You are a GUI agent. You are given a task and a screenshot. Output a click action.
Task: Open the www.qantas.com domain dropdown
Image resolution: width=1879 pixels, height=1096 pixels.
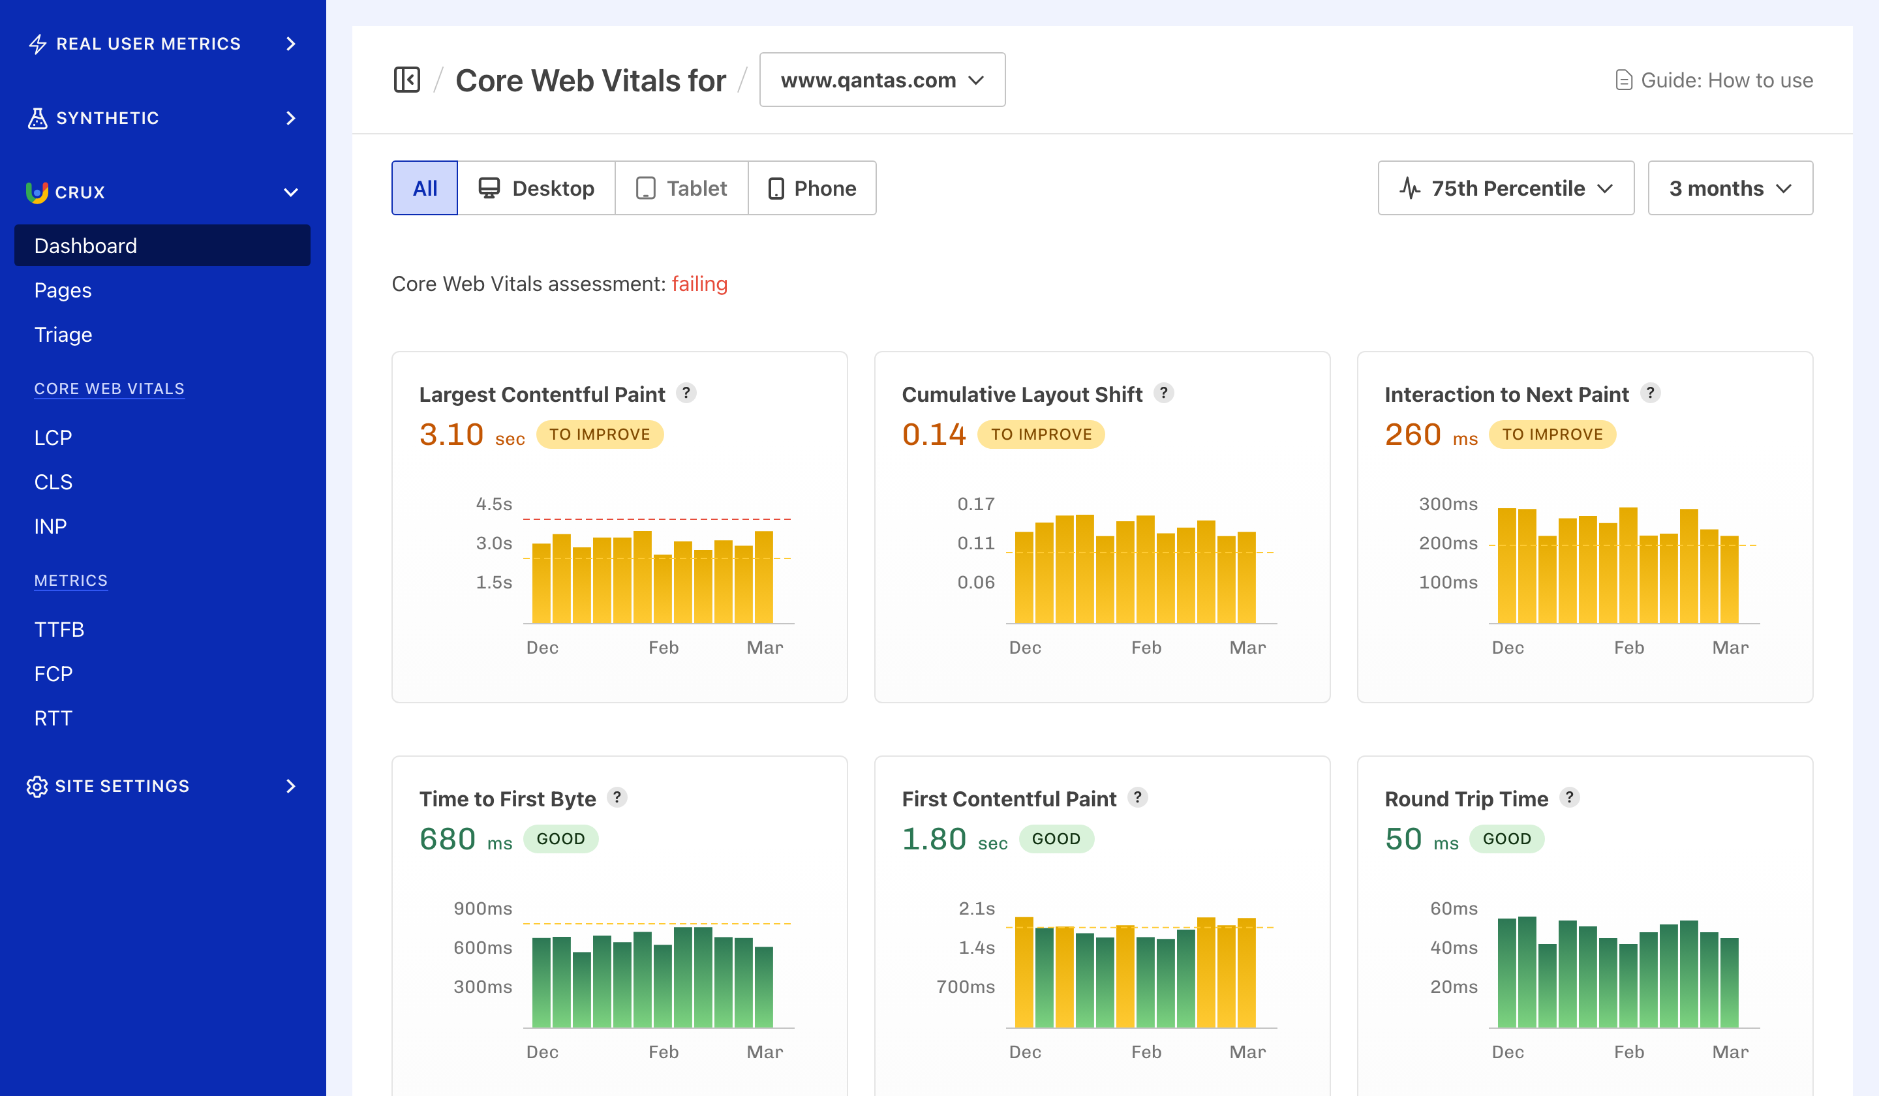coord(881,80)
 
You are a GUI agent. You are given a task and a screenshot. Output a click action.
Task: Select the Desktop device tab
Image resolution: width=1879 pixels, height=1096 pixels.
coord(536,188)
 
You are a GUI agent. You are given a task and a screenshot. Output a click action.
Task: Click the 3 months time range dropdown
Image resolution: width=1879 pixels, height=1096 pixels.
coord(1729,188)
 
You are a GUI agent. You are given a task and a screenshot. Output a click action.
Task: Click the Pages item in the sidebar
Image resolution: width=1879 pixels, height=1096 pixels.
coord(63,290)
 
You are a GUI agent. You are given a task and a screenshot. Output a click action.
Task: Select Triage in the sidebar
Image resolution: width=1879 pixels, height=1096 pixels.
coord(63,335)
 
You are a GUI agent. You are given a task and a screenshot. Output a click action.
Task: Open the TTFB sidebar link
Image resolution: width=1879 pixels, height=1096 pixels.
coord(59,630)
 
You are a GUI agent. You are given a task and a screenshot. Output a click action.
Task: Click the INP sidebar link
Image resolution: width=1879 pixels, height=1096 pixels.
coord(50,526)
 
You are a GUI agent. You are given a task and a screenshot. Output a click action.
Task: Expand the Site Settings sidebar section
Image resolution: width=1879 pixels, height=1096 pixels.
coord(162,786)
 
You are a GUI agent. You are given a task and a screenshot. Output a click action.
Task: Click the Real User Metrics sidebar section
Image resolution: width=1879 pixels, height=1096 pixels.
coord(162,43)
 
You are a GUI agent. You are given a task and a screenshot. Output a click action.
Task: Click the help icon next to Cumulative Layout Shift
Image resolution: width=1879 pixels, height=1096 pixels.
coord(1163,393)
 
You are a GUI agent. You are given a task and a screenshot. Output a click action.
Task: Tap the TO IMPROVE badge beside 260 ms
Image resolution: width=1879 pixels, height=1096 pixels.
coord(1551,434)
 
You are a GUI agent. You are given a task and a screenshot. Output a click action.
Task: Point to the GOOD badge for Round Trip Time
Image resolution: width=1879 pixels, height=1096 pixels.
coord(1506,839)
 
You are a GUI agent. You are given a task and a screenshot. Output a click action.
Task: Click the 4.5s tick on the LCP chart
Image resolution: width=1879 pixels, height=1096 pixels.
coord(494,504)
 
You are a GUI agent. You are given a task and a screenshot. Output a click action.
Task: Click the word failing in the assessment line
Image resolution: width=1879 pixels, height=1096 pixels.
coord(699,284)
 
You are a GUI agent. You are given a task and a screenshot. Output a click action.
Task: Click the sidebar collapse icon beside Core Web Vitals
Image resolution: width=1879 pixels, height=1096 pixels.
coord(407,80)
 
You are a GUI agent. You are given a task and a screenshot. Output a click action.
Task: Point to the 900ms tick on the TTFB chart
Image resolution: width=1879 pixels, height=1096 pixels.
coord(482,908)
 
